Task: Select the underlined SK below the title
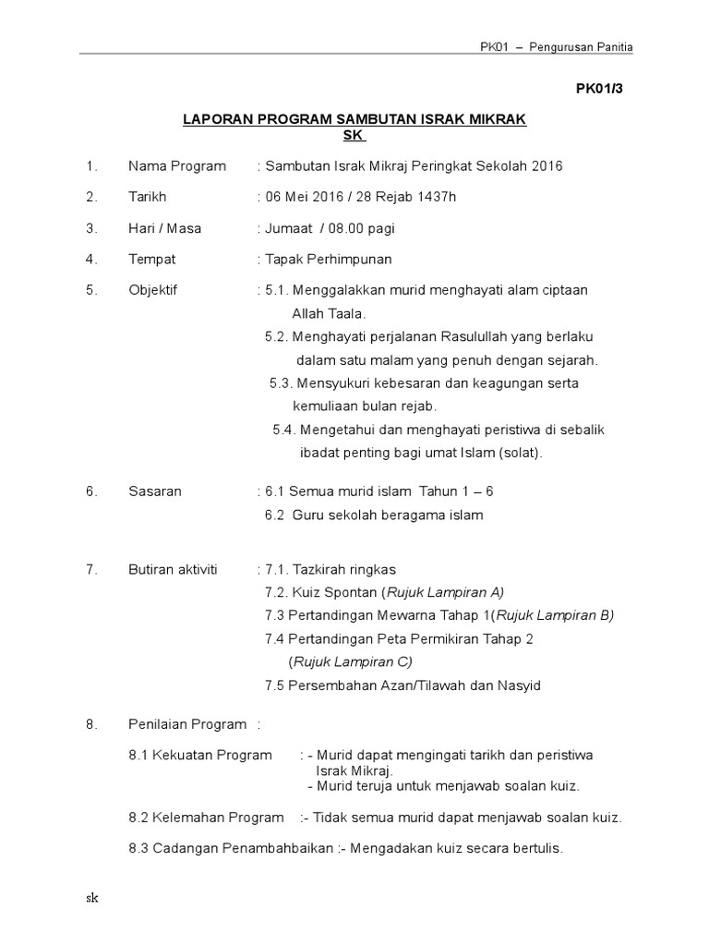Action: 354,136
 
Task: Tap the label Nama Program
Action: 176,166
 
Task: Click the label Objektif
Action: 152,290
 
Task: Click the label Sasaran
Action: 155,491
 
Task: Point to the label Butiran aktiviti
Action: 173,569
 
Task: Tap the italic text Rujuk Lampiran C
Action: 352,661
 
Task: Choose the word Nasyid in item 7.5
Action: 519,685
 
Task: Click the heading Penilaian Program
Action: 187,724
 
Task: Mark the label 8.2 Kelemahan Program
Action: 206,818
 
